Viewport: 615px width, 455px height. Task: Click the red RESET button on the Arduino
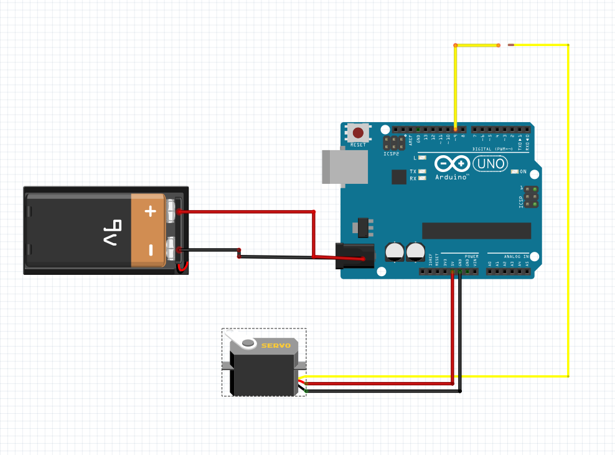tap(359, 132)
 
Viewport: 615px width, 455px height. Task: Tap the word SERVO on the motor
tap(276, 345)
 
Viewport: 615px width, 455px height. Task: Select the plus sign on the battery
tap(150, 211)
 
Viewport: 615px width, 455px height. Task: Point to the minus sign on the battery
tap(150, 250)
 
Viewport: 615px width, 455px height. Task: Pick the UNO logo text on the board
tap(491, 164)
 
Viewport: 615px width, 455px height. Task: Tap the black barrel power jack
tap(355, 256)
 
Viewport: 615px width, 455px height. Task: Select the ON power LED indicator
tap(514, 171)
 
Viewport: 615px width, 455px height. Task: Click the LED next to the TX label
tap(423, 171)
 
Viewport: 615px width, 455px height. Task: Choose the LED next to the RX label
tap(423, 178)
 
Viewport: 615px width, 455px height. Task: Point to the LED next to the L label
tap(423, 158)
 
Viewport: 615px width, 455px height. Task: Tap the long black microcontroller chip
tap(476, 230)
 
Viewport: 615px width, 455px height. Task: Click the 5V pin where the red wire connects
tap(453, 271)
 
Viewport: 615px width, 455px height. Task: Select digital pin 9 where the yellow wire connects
tap(456, 130)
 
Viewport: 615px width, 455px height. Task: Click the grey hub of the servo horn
tap(248, 343)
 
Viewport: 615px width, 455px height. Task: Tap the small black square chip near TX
tap(399, 176)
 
